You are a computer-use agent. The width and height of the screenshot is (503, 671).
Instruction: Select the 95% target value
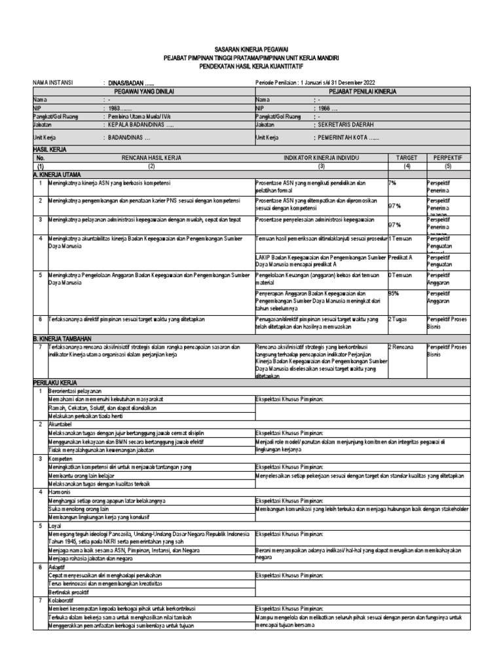[x=394, y=294]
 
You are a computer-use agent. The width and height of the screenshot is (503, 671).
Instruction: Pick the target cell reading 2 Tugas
[x=399, y=318]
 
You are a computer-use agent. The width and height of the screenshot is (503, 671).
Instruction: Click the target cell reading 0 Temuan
[x=400, y=276]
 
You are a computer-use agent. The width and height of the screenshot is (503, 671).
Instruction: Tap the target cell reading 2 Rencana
[x=401, y=344]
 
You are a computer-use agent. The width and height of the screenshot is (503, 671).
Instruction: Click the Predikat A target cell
[x=401, y=258]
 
